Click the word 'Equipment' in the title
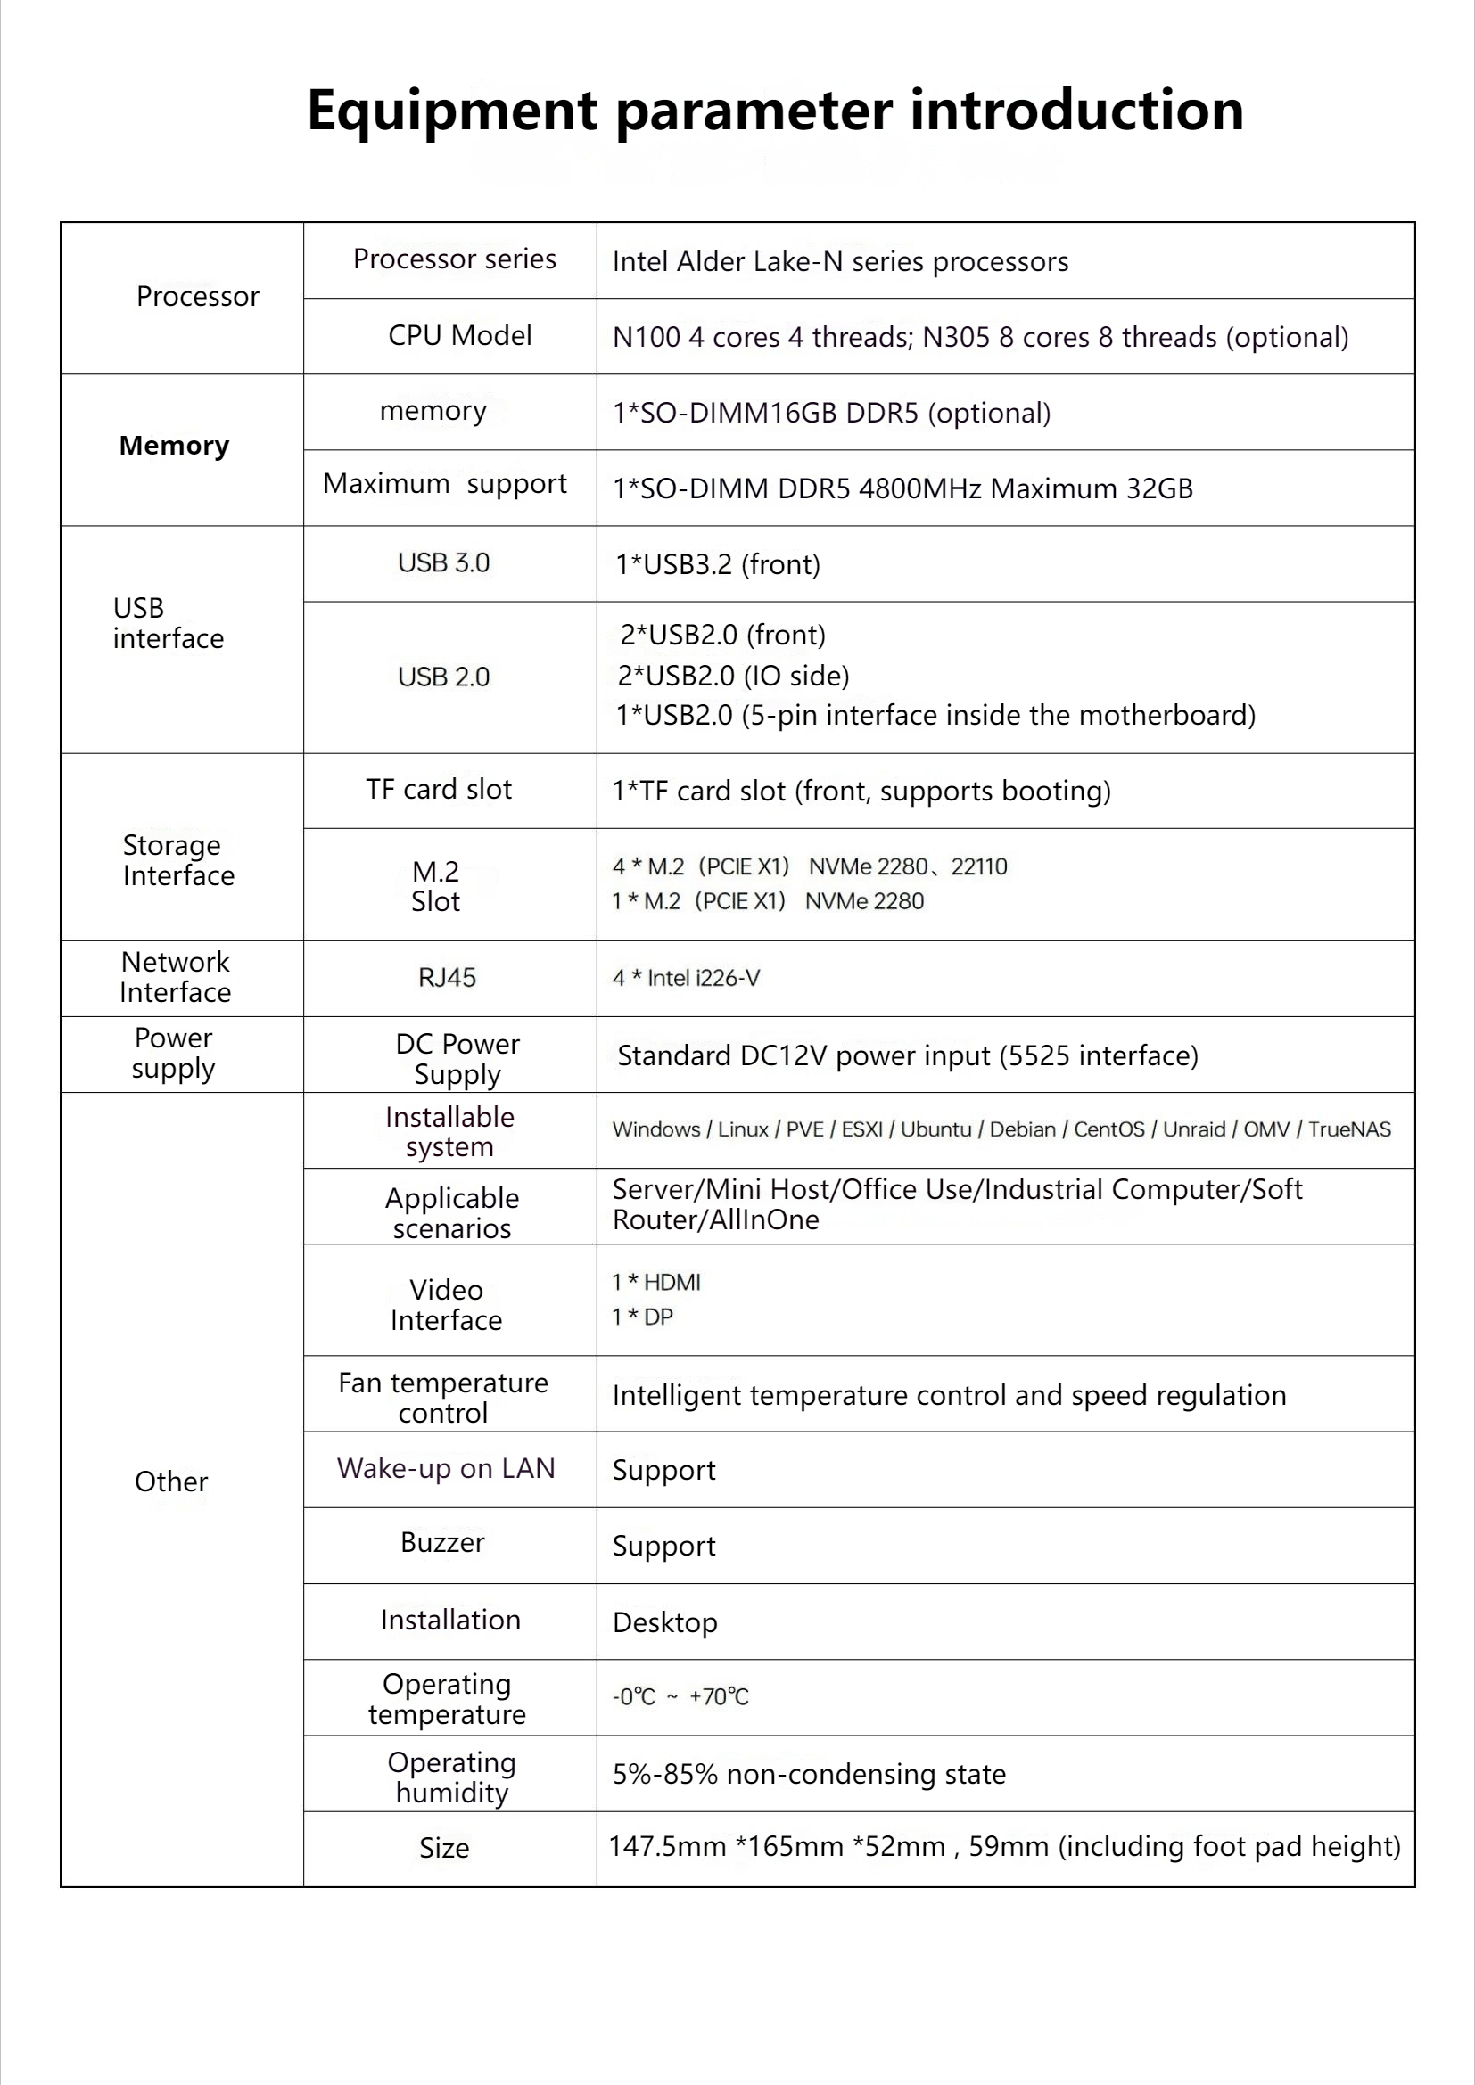(x=452, y=111)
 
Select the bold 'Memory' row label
(x=175, y=446)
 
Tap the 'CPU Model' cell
(x=459, y=336)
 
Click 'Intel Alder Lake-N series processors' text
(x=840, y=261)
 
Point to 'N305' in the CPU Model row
(x=955, y=338)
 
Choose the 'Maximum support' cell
(x=445, y=485)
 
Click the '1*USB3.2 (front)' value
(x=718, y=565)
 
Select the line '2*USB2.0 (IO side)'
(x=734, y=676)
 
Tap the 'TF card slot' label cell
(x=439, y=790)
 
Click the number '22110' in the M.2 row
(x=979, y=866)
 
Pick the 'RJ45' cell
(x=447, y=978)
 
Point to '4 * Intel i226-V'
(x=686, y=978)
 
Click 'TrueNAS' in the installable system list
(x=1348, y=1129)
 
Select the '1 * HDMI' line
(x=655, y=1282)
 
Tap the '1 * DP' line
(x=642, y=1317)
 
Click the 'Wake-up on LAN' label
(x=446, y=1468)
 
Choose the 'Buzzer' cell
(x=442, y=1543)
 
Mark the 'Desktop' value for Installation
(x=665, y=1622)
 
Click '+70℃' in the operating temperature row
(x=719, y=1697)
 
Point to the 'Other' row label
(x=170, y=1482)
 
